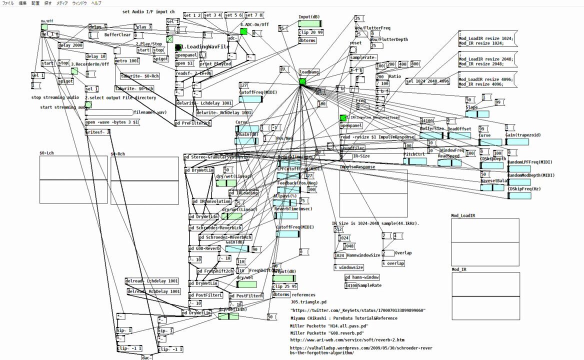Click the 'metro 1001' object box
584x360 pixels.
pyautogui.click(x=127, y=61)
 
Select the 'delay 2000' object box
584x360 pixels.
pyautogui.click(x=70, y=45)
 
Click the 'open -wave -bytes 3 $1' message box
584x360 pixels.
pyautogui.click(x=112, y=122)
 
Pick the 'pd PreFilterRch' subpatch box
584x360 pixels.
pyautogui.click(x=193, y=123)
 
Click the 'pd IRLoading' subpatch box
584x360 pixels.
pyautogui.click(x=243, y=193)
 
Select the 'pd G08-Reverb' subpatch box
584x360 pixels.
pyautogui.click(x=204, y=248)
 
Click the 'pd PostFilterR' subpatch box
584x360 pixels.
pyautogui.click(x=246, y=295)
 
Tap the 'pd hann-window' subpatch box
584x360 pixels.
pyautogui.click(x=362, y=277)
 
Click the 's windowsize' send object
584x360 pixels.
pyautogui.click(x=348, y=267)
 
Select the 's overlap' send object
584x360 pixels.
pyautogui.click(x=393, y=263)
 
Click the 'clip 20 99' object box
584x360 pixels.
pyautogui.click(x=310, y=32)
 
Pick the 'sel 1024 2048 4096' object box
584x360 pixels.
pyautogui.click(x=427, y=81)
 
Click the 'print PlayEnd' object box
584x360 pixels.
pyautogui.click(x=215, y=64)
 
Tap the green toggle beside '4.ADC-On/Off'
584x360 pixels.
pyautogui.click(x=243, y=31)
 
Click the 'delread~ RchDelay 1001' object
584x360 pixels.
pyautogui.click(x=153, y=291)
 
